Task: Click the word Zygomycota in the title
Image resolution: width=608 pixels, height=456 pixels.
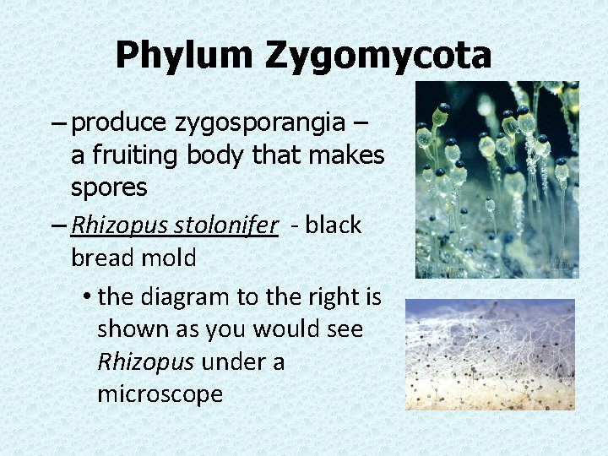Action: coord(378,56)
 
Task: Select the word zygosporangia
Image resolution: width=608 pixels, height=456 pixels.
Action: coord(260,123)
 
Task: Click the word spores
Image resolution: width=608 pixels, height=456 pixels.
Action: coord(109,187)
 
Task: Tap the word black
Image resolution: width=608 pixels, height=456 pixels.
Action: coord(334,225)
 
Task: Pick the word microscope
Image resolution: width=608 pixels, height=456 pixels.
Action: coord(160,394)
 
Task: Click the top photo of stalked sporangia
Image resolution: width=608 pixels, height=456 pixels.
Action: coord(497,180)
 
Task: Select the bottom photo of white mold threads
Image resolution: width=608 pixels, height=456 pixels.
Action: coord(490,355)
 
